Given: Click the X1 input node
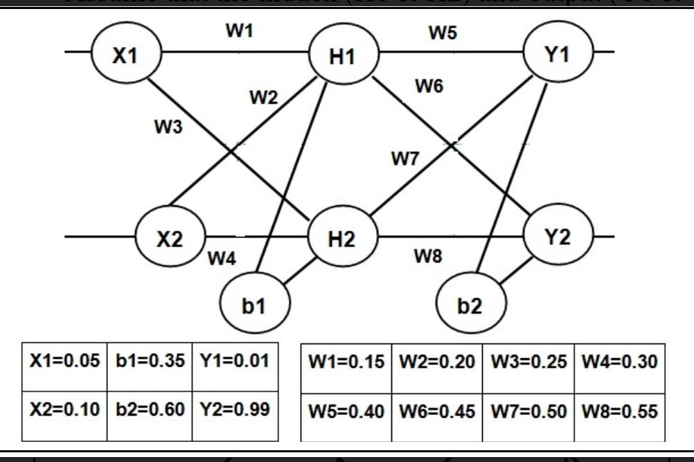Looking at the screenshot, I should (x=125, y=55).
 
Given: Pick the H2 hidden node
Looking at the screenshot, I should (x=341, y=239).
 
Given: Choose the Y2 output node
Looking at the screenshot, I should (x=558, y=237).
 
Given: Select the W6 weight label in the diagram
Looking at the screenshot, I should (x=429, y=87).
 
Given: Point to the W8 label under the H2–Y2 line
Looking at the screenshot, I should (x=428, y=257).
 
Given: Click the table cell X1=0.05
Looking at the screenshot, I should (x=64, y=362).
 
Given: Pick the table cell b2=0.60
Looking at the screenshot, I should (x=150, y=409).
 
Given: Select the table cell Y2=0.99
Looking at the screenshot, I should (x=234, y=409).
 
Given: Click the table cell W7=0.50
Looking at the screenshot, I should (x=528, y=411).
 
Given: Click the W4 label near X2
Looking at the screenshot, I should (x=222, y=259).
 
